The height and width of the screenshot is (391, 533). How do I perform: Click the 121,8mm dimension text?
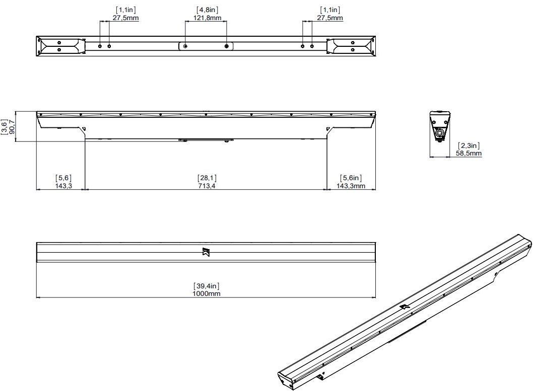point(208,18)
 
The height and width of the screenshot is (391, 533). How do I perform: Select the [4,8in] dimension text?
point(208,10)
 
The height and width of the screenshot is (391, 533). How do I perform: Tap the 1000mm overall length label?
point(206,293)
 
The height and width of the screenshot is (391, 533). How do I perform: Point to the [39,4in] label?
point(206,286)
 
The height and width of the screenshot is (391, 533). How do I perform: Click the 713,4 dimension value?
point(207,186)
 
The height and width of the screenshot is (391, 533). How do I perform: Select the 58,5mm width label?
point(469,153)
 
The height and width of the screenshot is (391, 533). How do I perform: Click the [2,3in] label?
point(469,145)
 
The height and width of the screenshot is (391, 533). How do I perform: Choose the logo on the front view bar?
point(206,252)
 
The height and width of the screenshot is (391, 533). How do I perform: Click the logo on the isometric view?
point(404,306)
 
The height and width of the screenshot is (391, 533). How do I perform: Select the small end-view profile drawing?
point(440,126)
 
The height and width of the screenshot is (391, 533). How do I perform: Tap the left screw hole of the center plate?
point(185,46)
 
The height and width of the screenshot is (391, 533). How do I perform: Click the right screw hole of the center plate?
point(227,46)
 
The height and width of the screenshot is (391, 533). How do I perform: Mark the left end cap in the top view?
point(61,46)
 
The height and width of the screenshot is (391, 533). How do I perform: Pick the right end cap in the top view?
point(351,46)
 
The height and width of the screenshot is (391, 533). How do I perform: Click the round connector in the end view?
point(441,133)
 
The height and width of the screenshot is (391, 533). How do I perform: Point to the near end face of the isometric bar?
point(286,378)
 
